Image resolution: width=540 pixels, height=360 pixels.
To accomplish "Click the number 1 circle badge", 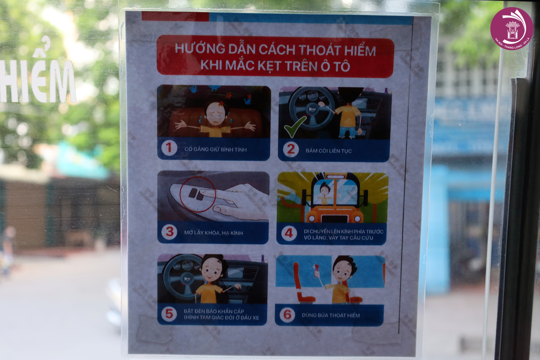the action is pos(169,148).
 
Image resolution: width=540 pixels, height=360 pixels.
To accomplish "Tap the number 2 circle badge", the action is pos(291,149).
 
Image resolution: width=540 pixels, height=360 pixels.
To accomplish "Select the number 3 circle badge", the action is pos(169,232).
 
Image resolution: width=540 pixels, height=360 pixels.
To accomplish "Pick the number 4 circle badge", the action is pos(289,233).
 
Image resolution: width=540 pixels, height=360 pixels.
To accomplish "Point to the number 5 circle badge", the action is pos(169,314).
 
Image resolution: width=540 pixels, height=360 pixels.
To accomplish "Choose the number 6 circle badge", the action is pos(287,314).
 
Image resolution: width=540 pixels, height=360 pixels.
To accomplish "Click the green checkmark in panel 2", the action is pos(295,127).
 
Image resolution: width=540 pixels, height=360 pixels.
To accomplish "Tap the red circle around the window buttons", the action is pos(198,194).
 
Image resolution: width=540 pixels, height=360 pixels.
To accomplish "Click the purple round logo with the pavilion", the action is pos(512,28).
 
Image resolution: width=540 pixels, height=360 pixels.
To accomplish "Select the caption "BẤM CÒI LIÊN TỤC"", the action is pos(329,151).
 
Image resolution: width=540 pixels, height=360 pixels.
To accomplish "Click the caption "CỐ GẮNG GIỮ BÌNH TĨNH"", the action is pos(216,149).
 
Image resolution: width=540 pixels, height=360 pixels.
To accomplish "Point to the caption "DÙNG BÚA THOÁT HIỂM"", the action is pos(330,315).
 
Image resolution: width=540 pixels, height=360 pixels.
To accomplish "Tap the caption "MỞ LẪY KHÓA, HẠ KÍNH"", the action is pos(213,233).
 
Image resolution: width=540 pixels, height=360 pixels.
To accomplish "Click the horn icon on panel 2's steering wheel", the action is pos(312,109).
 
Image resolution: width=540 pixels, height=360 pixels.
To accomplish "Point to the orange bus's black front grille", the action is pos(334,219).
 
